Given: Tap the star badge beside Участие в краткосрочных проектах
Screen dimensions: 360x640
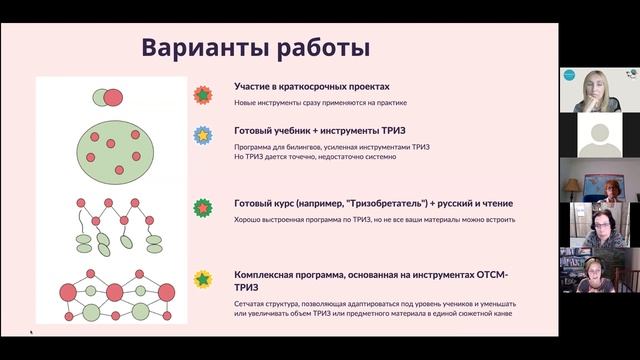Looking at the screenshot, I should pyautogui.click(x=204, y=96).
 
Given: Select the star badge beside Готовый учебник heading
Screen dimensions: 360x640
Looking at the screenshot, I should pyautogui.click(x=204, y=135).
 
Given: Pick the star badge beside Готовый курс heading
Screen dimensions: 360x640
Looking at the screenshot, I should pyautogui.click(x=204, y=208).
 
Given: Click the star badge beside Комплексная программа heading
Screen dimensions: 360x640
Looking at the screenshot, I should pyautogui.click(x=204, y=279).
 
